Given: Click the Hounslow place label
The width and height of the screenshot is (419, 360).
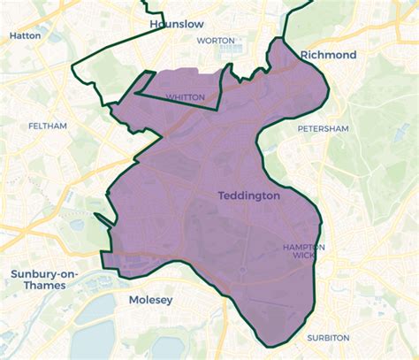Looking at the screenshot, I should click(176, 23).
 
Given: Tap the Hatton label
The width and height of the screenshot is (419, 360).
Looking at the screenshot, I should click(26, 36).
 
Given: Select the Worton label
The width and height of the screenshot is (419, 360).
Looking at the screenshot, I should click(215, 41).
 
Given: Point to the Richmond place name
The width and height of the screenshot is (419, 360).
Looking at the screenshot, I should click(328, 55).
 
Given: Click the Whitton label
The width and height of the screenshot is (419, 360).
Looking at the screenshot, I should click(186, 97).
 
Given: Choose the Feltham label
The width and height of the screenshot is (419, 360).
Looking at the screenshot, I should click(47, 126).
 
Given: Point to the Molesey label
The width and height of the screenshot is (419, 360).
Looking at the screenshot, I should click(150, 300).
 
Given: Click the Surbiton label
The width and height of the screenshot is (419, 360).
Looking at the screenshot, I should click(328, 338).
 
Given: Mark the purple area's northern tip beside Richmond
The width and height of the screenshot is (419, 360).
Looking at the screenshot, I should click(281, 40).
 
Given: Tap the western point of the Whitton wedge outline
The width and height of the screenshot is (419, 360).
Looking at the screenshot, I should click(134, 92).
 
